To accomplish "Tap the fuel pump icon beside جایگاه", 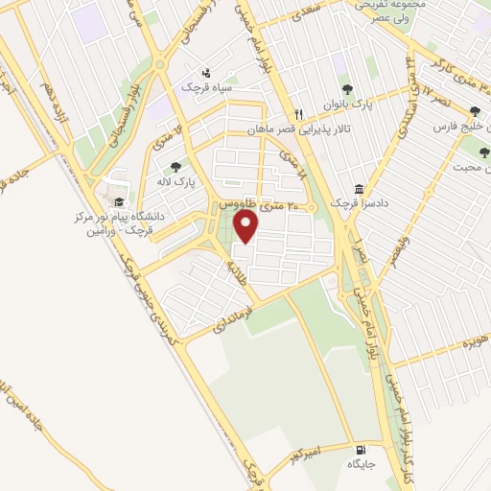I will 361,450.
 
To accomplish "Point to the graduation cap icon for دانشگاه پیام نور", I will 119,201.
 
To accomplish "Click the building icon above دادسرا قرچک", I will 358,189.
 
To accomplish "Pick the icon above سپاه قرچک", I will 205,73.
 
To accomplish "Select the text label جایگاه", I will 358,464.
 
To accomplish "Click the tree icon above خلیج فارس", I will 474,110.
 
